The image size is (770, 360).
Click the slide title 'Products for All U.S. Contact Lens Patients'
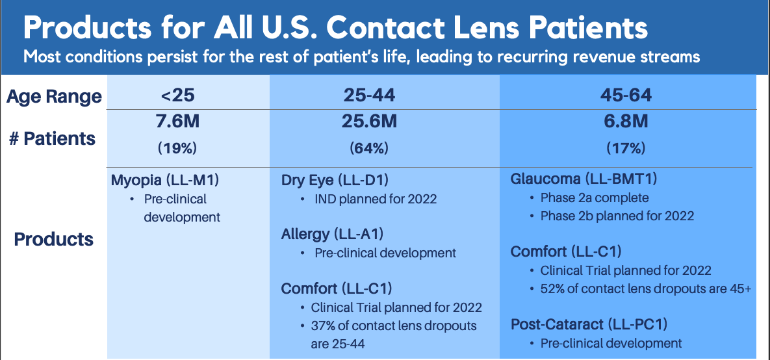tap(335, 29)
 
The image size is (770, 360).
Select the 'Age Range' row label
tap(54, 96)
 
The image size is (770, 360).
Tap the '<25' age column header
tap(178, 96)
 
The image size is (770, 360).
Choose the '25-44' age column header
tap(370, 96)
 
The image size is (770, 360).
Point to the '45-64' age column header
tap(626, 96)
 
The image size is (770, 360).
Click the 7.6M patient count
tap(178, 122)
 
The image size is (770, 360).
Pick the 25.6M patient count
tap(369, 122)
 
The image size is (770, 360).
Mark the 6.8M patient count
tap(626, 122)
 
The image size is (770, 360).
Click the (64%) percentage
tap(369, 148)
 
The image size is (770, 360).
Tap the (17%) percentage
tap(626, 148)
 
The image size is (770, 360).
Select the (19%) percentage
tap(178, 148)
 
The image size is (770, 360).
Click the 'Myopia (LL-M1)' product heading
tap(166, 181)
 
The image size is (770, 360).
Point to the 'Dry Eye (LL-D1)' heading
tap(335, 181)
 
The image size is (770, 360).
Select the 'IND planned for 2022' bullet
tap(376, 200)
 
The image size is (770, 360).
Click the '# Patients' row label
tap(52, 138)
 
